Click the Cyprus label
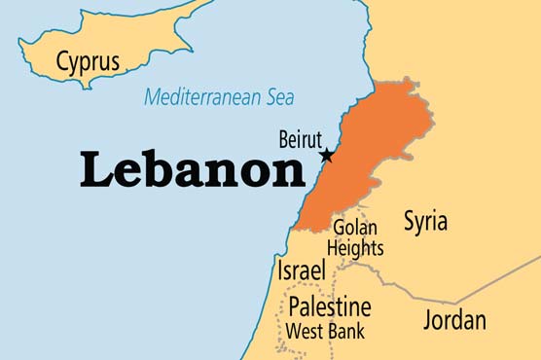point(88,62)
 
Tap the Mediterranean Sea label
point(219,97)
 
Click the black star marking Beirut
point(326,156)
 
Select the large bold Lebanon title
point(193,171)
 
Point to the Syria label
point(425,221)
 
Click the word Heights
point(355,248)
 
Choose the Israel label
point(301,270)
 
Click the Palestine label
point(329,307)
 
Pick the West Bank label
point(325,332)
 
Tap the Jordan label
point(454,319)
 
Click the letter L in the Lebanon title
point(97,171)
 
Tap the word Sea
point(278,97)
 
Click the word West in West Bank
point(306,332)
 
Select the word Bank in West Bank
point(347,332)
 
